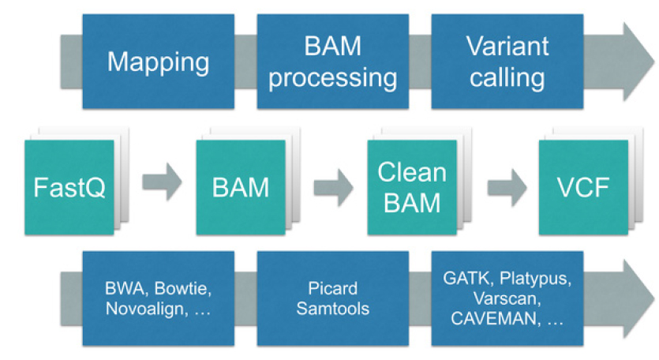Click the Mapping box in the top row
[158, 62]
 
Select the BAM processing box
[332, 62]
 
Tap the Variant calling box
[506, 62]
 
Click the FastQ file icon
[69, 187]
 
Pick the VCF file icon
[583, 187]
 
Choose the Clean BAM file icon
[412, 187]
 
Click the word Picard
[332, 290]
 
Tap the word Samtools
[332, 308]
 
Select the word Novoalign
[142, 309]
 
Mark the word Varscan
[506, 300]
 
